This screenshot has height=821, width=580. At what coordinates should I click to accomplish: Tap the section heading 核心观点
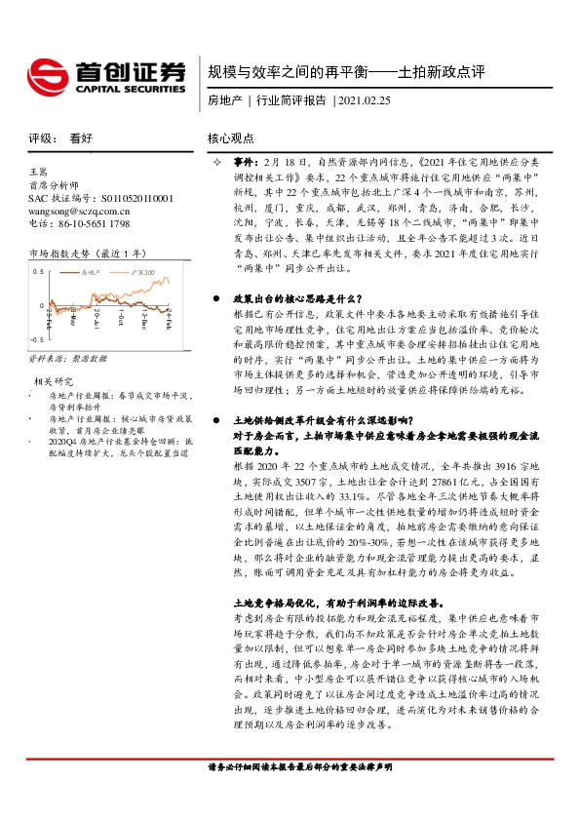pos(231,139)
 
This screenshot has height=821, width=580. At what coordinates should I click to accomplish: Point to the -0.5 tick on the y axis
pos(36,338)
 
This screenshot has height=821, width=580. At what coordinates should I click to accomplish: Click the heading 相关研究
pos(55,380)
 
